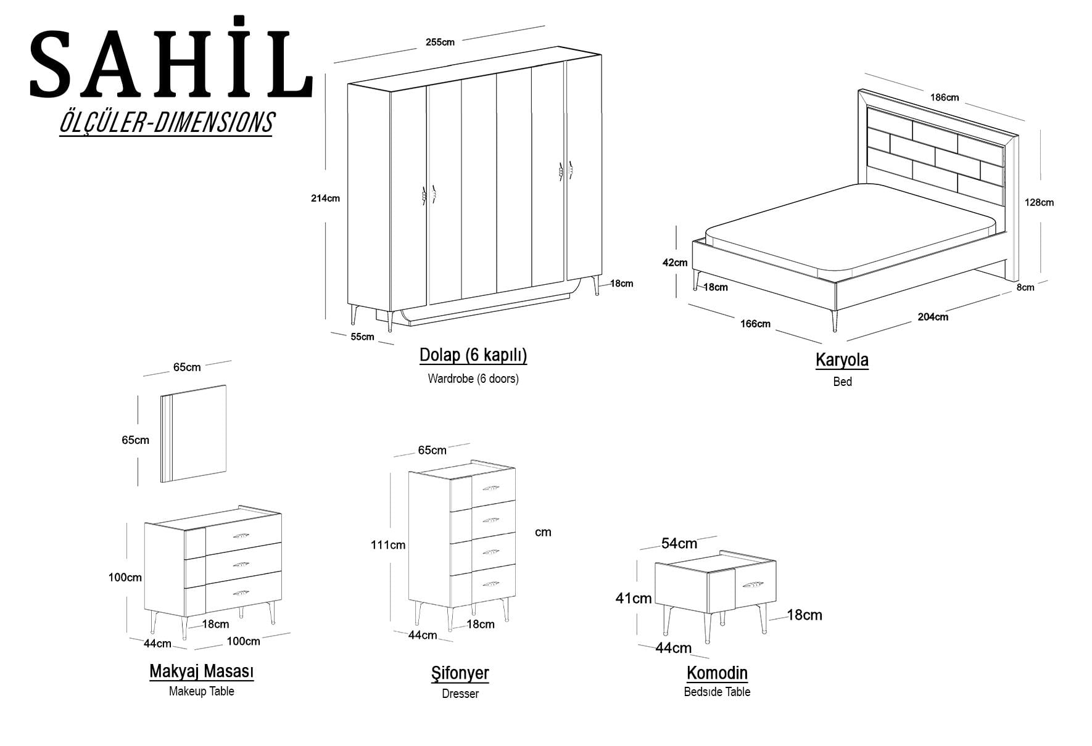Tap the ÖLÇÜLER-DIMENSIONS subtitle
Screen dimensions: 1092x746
pos(166,122)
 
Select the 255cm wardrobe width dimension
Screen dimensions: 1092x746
pos(440,43)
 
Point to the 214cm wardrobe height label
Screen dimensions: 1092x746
pos(325,199)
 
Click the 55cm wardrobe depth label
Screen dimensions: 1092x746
pos(362,337)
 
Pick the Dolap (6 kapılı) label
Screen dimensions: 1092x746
pos(473,355)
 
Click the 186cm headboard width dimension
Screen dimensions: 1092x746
pos(944,97)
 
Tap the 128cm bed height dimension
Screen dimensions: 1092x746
pos(1039,202)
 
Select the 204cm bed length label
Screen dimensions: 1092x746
pos(933,317)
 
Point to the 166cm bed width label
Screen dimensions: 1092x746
pos(755,324)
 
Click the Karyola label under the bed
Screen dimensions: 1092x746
pos(842,360)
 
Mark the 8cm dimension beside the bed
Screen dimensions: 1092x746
pos(1025,287)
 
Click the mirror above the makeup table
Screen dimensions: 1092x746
pos(194,433)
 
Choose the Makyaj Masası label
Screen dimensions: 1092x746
pos(202,671)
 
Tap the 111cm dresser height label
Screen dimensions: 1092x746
pos(388,545)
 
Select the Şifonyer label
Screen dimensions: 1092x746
pos(460,673)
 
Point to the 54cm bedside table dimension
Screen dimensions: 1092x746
pos(679,543)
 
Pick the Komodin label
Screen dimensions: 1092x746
pos(717,673)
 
